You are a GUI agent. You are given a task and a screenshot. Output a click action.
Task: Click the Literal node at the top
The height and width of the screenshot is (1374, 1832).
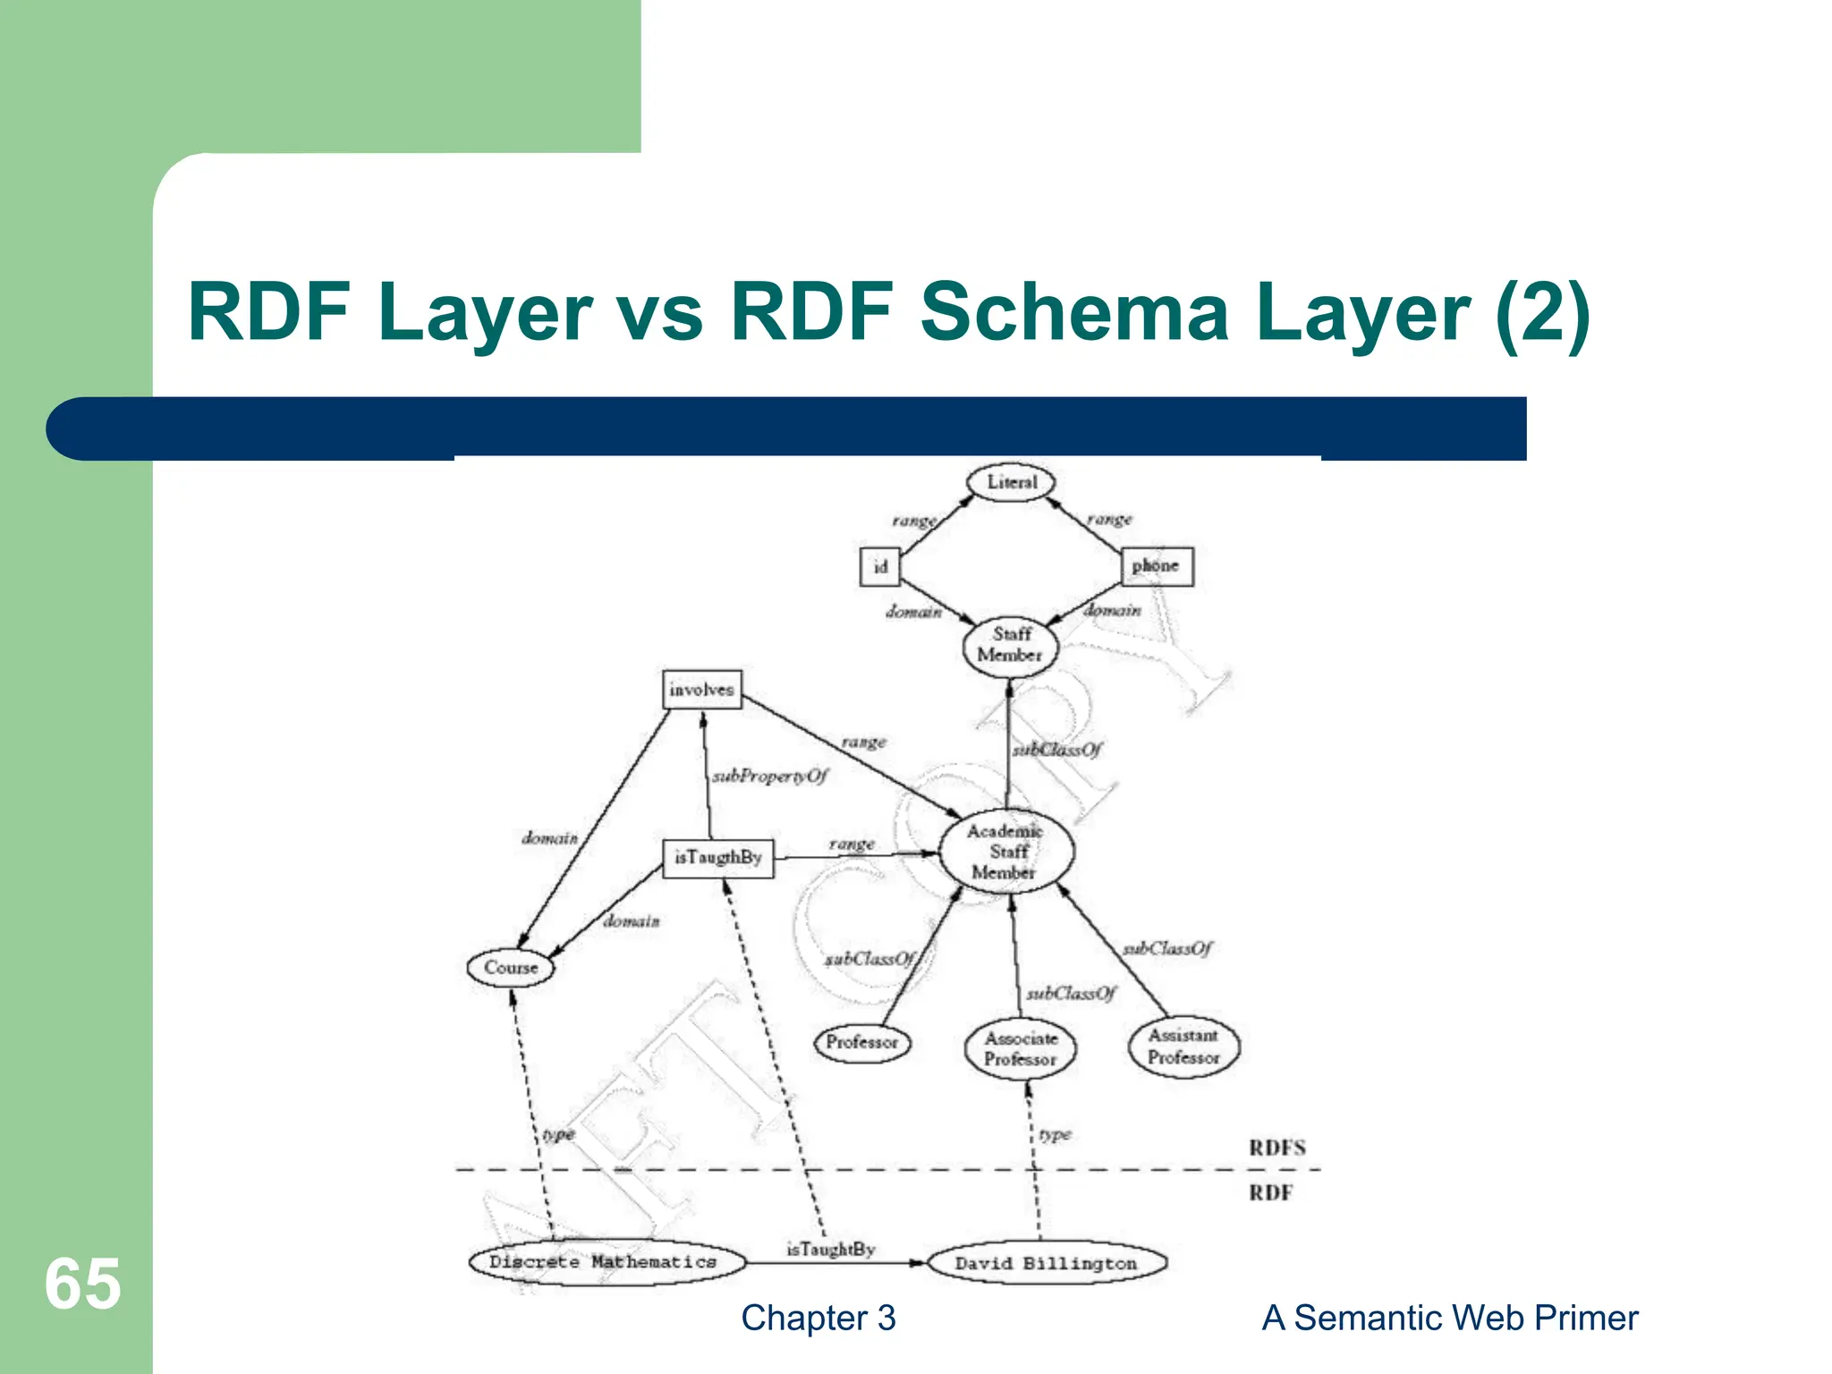point(1011,482)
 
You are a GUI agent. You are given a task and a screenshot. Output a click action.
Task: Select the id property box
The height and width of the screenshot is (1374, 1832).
point(879,567)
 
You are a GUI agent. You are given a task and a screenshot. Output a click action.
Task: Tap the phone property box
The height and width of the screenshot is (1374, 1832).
point(1156,566)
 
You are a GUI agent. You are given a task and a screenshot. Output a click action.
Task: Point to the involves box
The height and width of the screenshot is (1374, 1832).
point(701,690)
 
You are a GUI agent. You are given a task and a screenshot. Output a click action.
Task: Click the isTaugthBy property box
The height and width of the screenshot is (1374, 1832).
point(717,859)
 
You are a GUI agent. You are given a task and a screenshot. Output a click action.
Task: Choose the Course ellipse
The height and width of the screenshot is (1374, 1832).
point(511,968)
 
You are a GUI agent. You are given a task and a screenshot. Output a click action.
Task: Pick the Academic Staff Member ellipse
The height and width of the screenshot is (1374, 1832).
point(1005,852)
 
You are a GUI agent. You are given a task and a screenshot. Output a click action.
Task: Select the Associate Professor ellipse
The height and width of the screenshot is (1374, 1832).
point(1020,1049)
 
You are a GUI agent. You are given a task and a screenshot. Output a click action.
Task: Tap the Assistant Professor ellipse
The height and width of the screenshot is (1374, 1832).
point(1183,1047)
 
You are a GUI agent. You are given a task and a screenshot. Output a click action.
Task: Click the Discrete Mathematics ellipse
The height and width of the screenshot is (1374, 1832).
point(606,1262)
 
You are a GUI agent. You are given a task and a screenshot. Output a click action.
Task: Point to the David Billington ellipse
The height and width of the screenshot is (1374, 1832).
point(1047,1263)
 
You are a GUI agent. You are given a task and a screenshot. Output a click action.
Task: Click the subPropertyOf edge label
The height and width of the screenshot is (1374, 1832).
point(770,776)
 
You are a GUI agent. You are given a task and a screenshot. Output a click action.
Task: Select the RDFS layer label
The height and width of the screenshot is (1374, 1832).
point(1277,1148)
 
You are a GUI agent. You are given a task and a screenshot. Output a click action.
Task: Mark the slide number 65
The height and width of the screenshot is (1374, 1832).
point(82,1284)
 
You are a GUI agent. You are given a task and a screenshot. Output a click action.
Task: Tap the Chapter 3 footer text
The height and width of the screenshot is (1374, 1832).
point(818,1318)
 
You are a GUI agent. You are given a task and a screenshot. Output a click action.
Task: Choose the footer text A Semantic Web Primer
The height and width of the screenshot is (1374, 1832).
point(1449,1318)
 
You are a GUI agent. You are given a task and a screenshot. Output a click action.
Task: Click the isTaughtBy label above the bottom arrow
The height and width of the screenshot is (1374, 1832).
point(830,1249)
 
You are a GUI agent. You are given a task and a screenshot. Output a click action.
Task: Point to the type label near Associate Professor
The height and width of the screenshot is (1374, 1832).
point(1055,1134)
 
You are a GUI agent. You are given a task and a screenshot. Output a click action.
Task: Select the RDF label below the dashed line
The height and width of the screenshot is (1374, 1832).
point(1270,1192)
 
